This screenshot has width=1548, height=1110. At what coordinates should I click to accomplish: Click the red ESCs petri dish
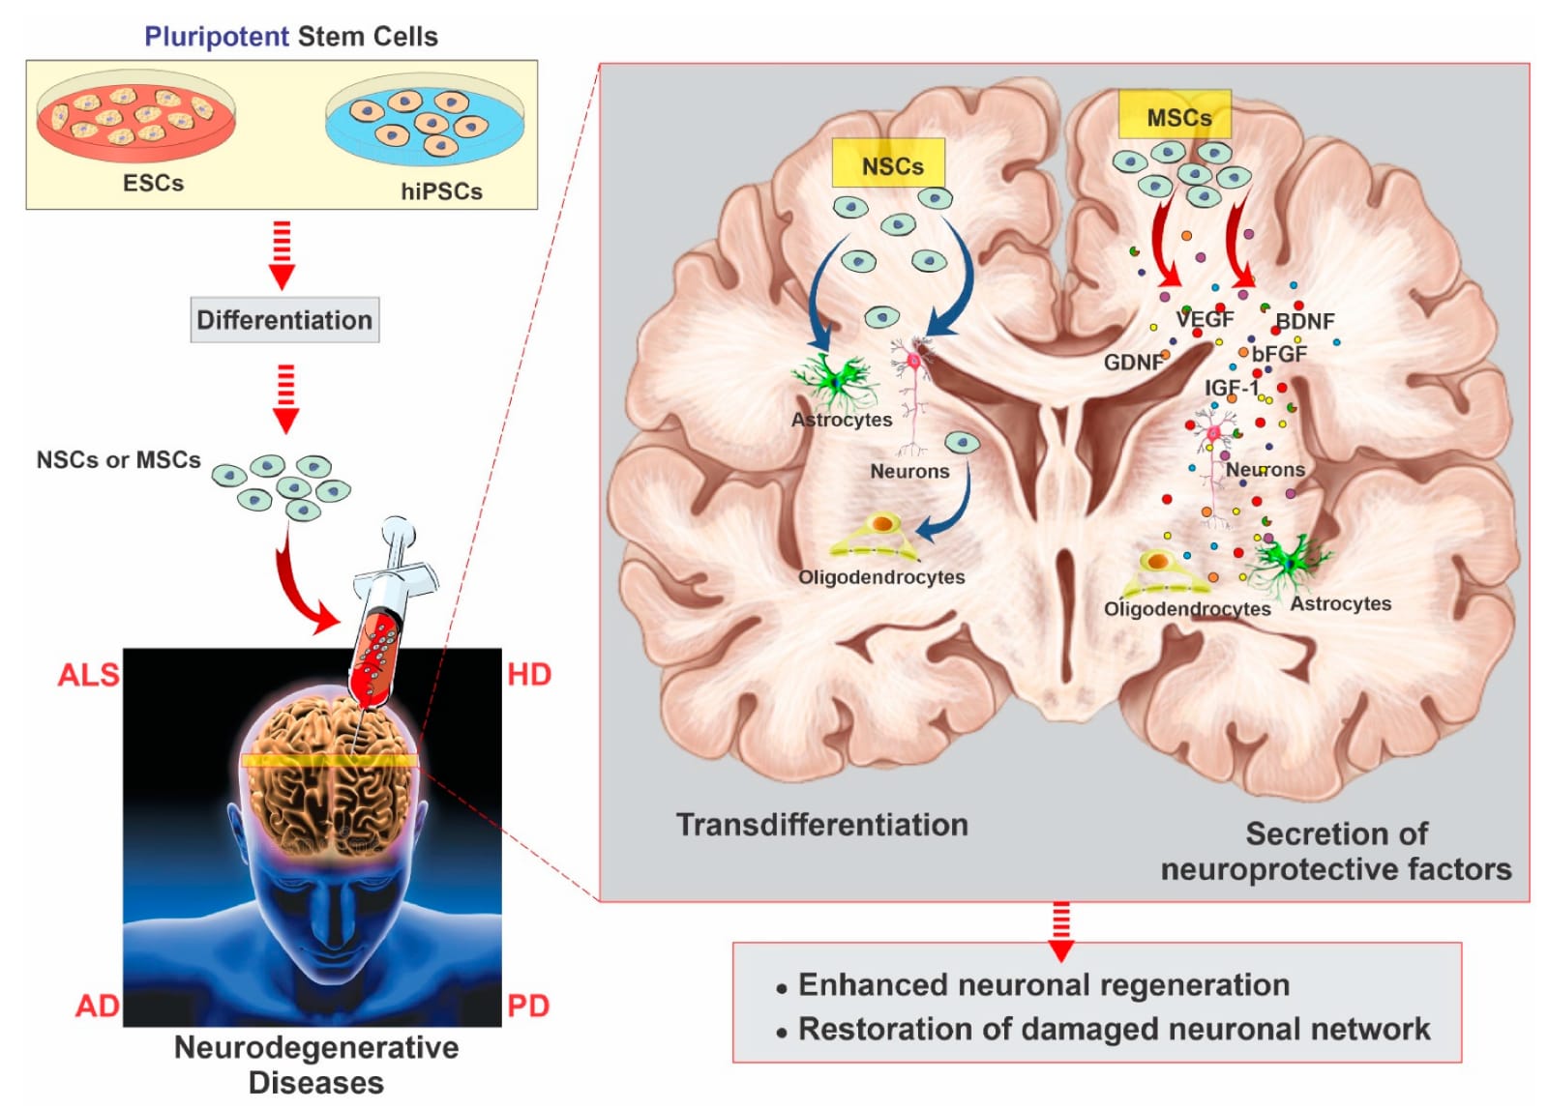coord(135,116)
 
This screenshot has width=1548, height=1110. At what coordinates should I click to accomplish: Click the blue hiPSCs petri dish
coord(425,120)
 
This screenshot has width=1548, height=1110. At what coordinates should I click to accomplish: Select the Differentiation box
coord(284,320)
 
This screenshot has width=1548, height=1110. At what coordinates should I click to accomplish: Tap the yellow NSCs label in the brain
coord(889,164)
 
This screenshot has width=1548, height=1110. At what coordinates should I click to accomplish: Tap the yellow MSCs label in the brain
coord(1175,116)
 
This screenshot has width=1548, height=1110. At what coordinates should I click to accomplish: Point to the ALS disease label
coord(88,674)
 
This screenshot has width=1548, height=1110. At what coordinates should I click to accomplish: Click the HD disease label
coord(529,674)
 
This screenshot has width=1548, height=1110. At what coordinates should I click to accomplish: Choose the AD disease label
coord(97,1006)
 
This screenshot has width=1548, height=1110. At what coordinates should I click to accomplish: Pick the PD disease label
coord(528,1006)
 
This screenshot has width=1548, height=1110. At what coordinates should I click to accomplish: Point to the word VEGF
coord(1206,319)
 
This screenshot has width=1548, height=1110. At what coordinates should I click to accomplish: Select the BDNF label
coord(1305,321)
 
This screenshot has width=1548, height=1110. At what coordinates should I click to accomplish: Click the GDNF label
coord(1133,363)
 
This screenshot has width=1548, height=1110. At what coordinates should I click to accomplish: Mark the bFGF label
coord(1280,354)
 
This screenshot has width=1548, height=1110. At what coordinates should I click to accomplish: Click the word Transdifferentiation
coord(821,825)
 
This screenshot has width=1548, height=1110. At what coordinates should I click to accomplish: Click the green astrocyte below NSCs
coord(834,381)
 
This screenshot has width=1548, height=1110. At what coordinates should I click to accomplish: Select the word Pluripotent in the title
coord(217,37)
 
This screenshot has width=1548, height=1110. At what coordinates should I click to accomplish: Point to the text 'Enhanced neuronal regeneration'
coord(1044,984)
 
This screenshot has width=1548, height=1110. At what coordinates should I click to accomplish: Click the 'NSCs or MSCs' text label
coord(118,459)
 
